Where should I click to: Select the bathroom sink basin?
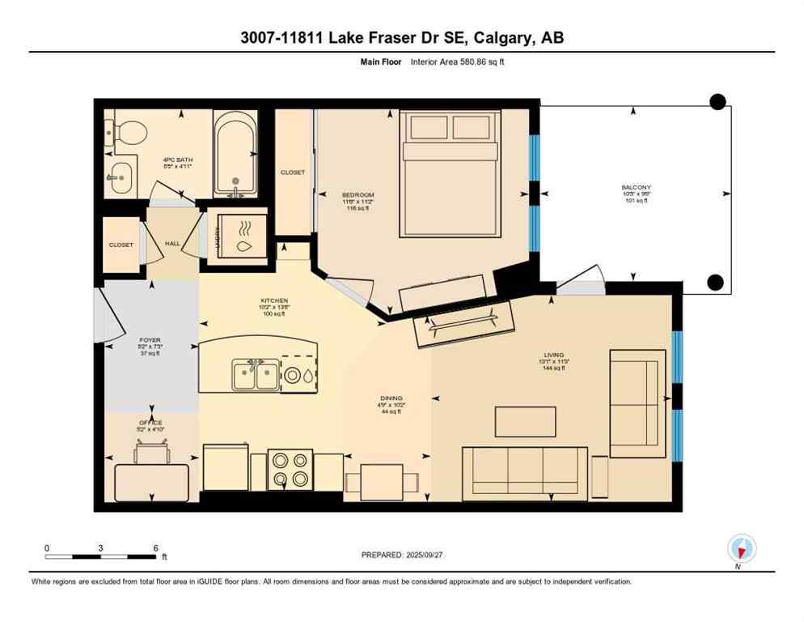point(121,175)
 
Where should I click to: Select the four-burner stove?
point(289,469)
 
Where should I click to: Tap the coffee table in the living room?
point(526,421)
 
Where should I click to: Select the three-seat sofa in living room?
point(524,475)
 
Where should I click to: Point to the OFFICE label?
point(150,423)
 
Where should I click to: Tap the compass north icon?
point(741,549)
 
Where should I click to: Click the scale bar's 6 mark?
point(155,547)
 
